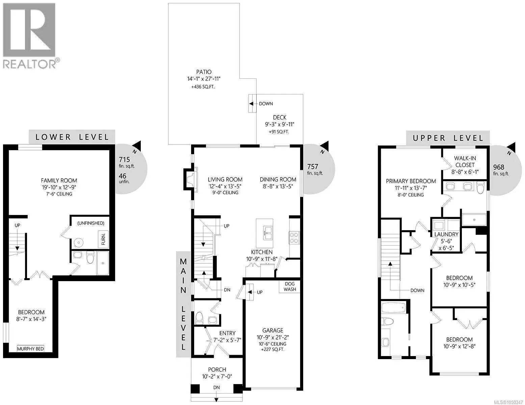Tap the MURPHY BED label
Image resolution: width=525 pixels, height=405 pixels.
[x=30, y=349]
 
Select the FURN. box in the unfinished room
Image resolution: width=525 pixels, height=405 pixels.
[x=103, y=239]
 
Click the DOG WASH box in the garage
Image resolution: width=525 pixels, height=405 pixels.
[x=290, y=287]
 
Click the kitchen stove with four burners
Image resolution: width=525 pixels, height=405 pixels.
[x=294, y=238]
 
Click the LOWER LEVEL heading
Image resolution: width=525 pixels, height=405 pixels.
[x=72, y=137]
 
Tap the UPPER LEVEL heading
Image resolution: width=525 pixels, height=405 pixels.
[x=448, y=138]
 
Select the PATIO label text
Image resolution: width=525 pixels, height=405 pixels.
[x=204, y=72]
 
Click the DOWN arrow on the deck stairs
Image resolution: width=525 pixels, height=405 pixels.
[x=251, y=104]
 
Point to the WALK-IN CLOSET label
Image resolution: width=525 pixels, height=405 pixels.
[x=465, y=162]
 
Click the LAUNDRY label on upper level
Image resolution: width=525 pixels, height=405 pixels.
[x=446, y=234]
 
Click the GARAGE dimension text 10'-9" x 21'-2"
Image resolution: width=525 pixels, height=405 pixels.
[x=273, y=337]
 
